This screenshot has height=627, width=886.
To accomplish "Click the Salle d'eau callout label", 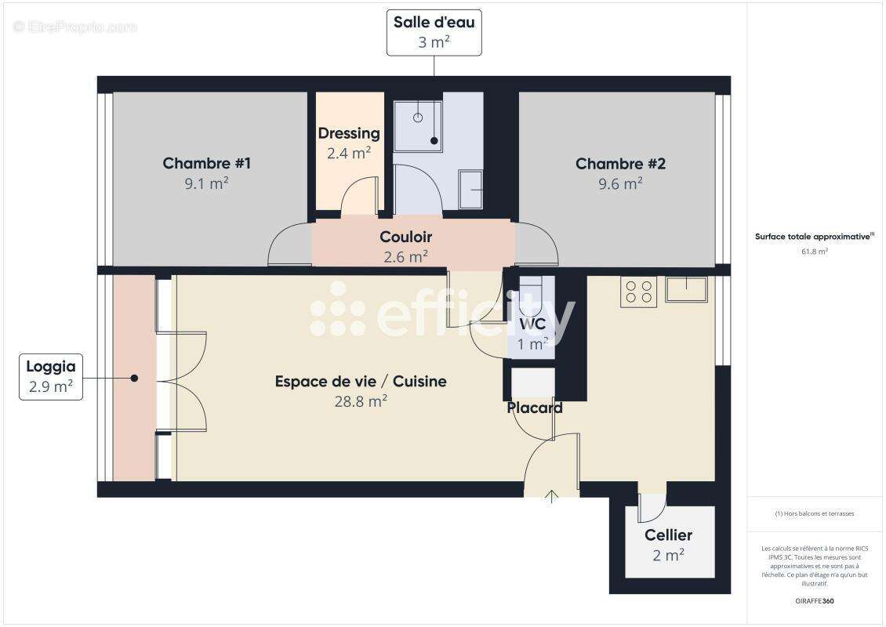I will [434, 32].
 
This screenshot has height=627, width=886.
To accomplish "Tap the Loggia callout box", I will [51, 376].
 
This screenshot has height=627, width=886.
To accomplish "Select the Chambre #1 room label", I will [206, 164].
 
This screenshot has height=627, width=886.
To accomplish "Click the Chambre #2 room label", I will [620, 164].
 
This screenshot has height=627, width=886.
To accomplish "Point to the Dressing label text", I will [349, 133].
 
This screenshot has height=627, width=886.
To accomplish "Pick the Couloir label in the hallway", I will [405, 237].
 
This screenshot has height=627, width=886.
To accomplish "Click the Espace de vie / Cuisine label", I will [361, 382].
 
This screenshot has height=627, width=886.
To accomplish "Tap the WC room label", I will [532, 324].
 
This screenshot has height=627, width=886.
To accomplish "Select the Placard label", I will [535, 408].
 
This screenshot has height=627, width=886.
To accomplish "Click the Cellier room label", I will [668, 535].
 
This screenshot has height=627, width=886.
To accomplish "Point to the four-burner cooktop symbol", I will [638, 292].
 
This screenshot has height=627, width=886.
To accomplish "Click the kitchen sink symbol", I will [686, 289].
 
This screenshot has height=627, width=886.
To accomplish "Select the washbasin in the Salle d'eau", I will [470, 189].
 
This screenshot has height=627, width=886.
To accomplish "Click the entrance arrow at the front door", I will [552, 495].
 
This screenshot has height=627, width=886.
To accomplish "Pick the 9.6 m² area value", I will [620, 183].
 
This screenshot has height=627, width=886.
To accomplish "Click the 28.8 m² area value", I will [361, 401].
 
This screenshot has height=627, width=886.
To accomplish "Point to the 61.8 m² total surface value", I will [815, 252].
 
